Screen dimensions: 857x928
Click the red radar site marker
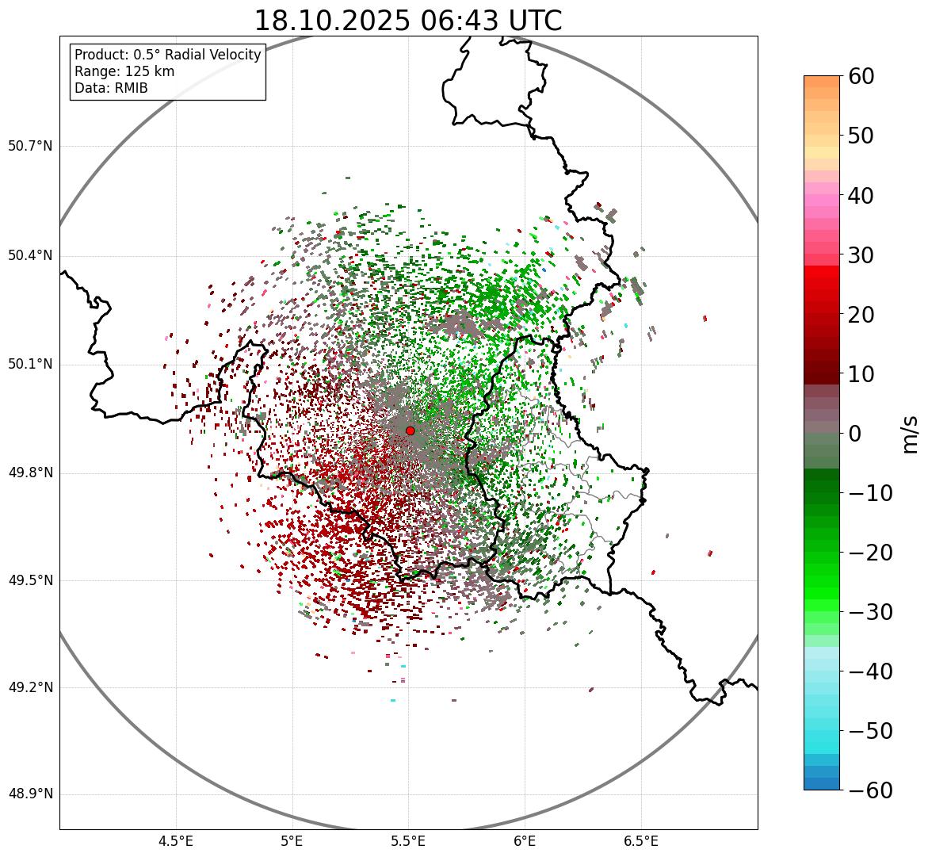[x=410, y=430]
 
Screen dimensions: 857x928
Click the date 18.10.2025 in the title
[x=332, y=21]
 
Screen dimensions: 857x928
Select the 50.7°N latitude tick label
[x=30, y=147]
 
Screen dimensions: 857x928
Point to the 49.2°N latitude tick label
[x=30, y=687]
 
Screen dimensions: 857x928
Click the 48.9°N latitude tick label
[x=30, y=794]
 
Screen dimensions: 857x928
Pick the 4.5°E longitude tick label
[x=176, y=840]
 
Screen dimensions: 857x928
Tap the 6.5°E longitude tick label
[x=640, y=840]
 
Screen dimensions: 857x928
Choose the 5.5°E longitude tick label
[x=408, y=840]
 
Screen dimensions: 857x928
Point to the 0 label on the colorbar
[x=855, y=434]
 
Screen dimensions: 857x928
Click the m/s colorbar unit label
[x=910, y=434]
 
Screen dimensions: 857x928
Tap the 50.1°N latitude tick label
[x=30, y=365]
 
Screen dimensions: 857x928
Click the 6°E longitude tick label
[x=525, y=840]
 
